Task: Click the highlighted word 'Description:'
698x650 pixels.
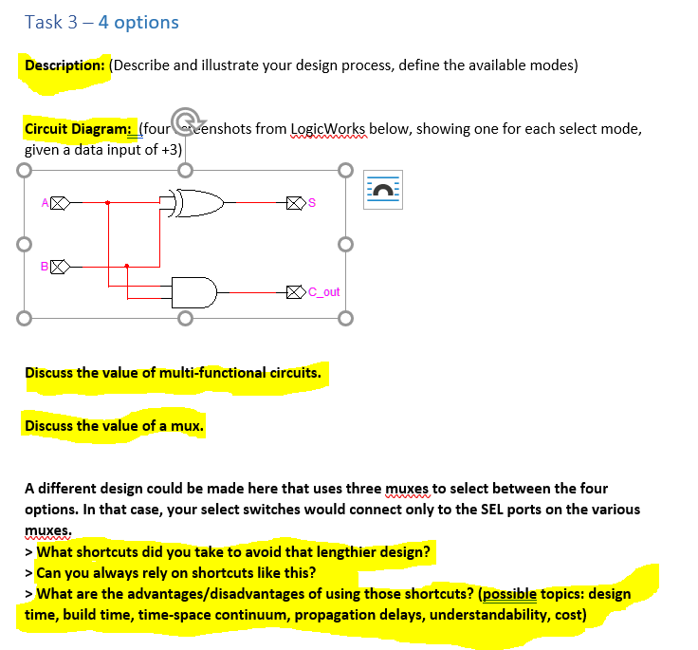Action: tap(64, 65)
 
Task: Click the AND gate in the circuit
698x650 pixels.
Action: tap(193, 291)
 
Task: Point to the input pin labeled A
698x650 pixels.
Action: tap(59, 202)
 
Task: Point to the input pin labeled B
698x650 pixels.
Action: tap(59, 267)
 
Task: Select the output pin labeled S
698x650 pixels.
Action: tap(295, 202)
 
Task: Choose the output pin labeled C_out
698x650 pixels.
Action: tap(295, 292)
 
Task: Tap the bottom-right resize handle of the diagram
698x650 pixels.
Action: tap(346, 316)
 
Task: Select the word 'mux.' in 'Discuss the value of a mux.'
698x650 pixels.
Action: tap(188, 426)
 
